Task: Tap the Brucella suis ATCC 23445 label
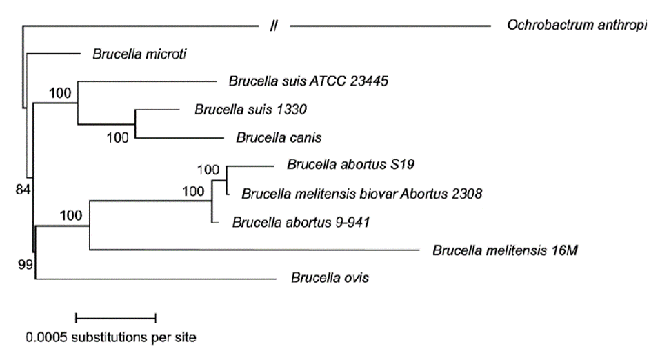(x=309, y=81)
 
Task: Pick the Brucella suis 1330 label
(x=241, y=109)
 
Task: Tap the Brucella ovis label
(x=330, y=279)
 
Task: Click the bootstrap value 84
(x=22, y=190)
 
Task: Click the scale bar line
(x=116, y=317)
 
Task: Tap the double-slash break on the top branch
(x=274, y=26)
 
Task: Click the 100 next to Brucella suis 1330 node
(x=118, y=136)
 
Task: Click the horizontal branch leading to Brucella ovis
(x=152, y=279)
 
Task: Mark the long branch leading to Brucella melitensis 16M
(x=255, y=250)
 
